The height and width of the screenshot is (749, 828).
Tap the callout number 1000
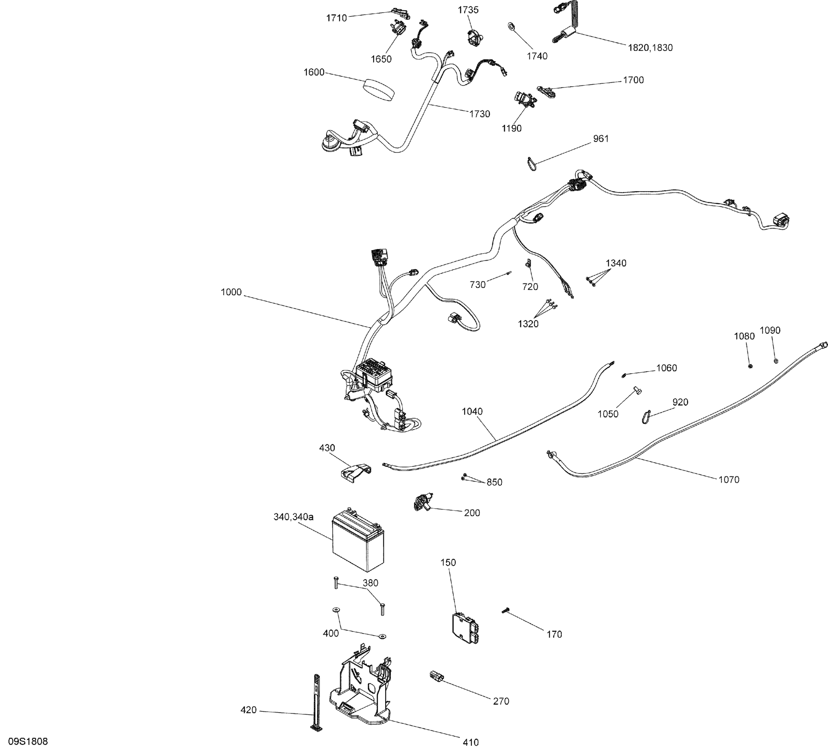click(x=231, y=292)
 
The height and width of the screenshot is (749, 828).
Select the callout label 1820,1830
click(x=650, y=48)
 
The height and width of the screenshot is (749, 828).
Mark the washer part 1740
click(x=512, y=26)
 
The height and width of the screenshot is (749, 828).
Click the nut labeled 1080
click(x=750, y=366)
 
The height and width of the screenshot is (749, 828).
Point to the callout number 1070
click(x=729, y=480)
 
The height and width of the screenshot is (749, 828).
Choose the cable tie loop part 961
click(x=532, y=163)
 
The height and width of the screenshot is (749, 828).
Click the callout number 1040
click(x=472, y=411)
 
